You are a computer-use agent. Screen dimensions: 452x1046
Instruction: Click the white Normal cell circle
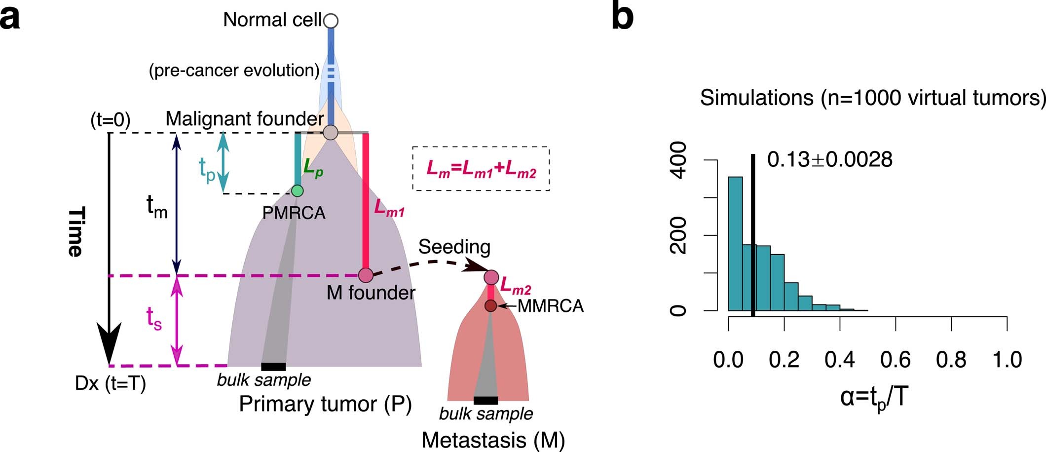coord(331,21)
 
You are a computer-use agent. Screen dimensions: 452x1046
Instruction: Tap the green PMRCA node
coord(297,190)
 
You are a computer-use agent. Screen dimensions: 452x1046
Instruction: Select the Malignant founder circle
coord(330,132)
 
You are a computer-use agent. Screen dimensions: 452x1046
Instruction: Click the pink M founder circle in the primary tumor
coord(365,275)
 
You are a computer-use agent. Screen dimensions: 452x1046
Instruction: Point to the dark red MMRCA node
coord(490,306)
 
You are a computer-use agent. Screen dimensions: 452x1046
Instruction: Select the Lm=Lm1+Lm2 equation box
coord(481,169)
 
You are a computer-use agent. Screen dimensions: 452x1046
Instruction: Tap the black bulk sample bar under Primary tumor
coord(273,367)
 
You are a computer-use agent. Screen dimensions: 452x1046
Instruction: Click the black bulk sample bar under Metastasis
coord(486,400)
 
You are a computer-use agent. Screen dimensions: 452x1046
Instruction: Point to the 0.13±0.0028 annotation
coord(830,160)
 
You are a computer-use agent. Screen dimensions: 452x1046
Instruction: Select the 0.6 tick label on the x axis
coord(896,360)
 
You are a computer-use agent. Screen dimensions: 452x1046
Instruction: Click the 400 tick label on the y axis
coord(680,160)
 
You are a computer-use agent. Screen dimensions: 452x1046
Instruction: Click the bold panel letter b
coord(622,17)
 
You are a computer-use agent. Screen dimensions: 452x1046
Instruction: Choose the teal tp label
coord(207,169)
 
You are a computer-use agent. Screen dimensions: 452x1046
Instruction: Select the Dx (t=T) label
coord(111,383)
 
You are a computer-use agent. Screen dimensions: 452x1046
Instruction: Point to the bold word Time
coord(75,231)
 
